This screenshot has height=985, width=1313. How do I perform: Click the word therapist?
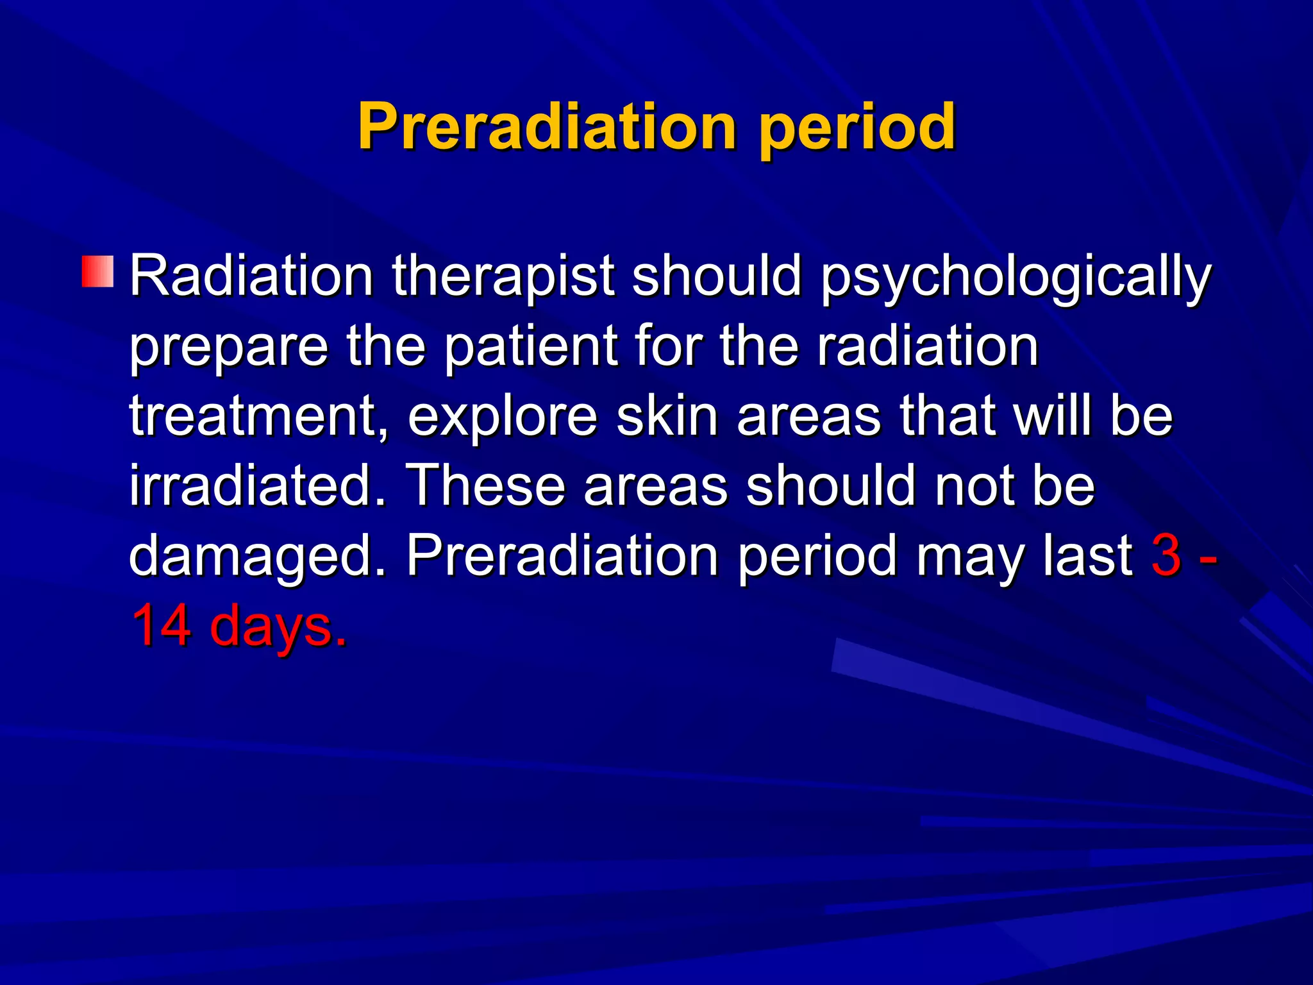tap(503, 277)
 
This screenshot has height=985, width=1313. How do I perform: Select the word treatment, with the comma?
tap(259, 417)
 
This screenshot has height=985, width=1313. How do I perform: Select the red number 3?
tap(1166, 555)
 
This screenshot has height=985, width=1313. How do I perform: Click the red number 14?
tap(161, 625)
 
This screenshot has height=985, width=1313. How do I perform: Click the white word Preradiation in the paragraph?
tap(562, 555)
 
